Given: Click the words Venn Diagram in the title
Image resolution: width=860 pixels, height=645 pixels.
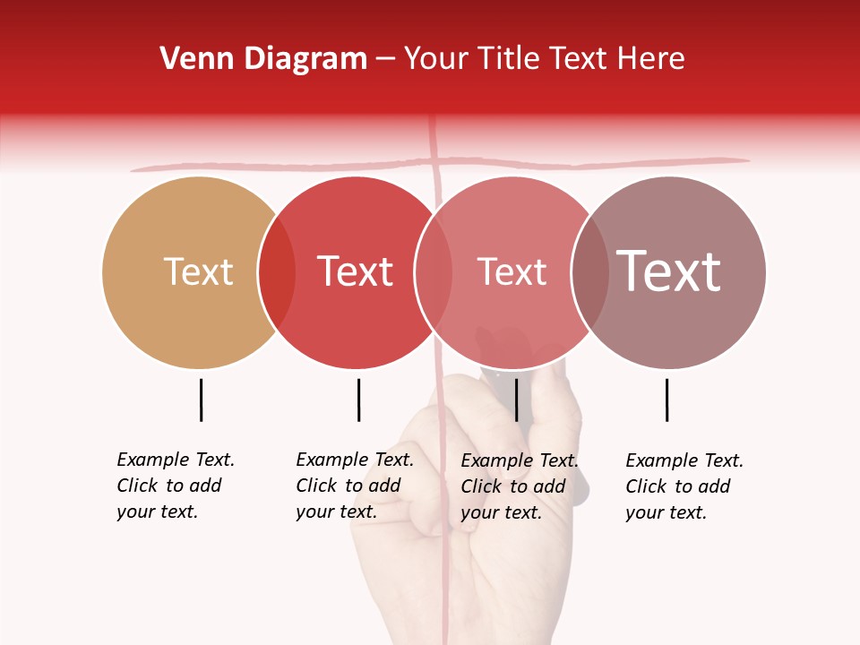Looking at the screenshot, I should [x=263, y=59].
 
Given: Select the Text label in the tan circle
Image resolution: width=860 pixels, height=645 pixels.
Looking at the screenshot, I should [x=198, y=271].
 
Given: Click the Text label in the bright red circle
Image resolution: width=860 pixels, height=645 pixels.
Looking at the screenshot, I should [x=355, y=271].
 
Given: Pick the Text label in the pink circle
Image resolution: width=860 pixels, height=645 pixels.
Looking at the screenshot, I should [x=512, y=271].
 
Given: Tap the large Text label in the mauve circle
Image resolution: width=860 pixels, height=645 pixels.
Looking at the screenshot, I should [x=669, y=271].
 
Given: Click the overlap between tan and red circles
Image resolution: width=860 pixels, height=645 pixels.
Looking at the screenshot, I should [x=277, y=271].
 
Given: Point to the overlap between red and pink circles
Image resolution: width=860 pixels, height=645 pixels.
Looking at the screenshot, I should [x=434, y=271].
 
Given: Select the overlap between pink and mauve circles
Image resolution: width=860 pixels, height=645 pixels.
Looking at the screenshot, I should [x=590, y=271].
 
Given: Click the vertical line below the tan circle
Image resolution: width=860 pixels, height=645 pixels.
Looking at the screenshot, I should [x=202, y=400].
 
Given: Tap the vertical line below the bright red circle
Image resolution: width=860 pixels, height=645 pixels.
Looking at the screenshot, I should [x=358, y=400].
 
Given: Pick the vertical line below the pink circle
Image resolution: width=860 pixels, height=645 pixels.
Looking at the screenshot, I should [x=516, y=400].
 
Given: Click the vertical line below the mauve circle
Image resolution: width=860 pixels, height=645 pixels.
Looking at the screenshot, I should [x=666, y=400].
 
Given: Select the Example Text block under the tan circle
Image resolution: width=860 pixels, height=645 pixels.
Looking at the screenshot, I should [x=175, y=486].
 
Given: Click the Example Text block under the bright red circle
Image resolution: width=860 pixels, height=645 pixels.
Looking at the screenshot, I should [x=354, y=486].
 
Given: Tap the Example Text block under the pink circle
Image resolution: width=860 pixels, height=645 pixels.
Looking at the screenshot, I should [x=519, y=486].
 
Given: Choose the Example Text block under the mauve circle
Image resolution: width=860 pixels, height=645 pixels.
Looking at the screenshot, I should [x=684, y=486].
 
